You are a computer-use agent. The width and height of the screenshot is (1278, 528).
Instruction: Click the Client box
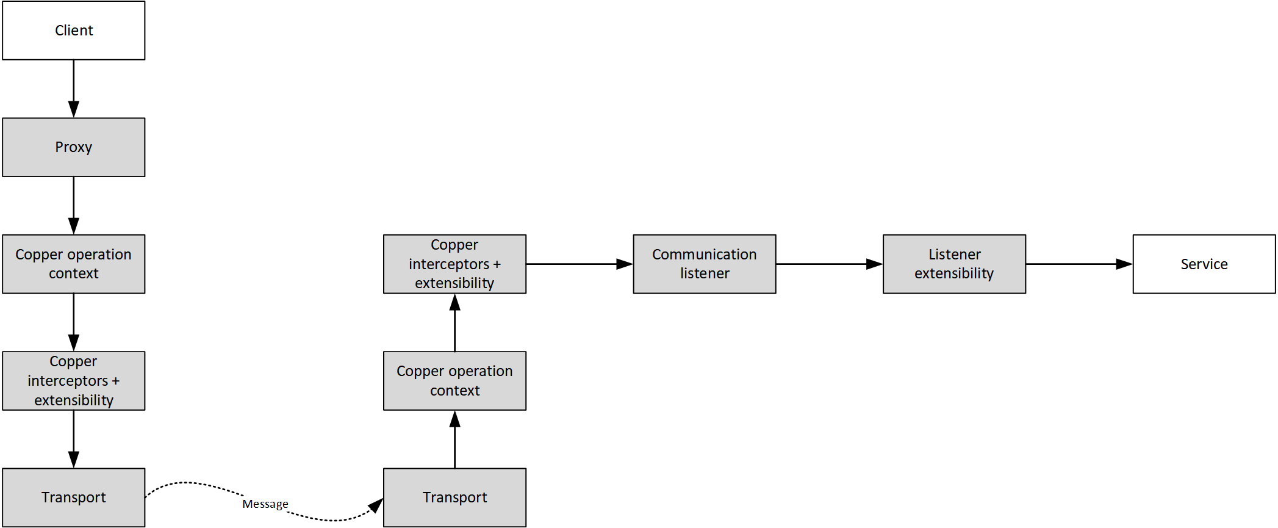coord(74,31)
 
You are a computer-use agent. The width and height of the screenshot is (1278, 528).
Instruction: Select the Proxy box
coord(74,147)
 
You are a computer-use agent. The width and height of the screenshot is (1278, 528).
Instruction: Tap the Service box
coord(1204,264)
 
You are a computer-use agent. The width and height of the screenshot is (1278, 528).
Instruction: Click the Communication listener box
coord(704,264)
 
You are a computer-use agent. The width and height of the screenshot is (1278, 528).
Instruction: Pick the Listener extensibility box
coord(954,264)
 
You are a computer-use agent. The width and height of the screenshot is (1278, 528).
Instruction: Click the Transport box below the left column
coord(74,497)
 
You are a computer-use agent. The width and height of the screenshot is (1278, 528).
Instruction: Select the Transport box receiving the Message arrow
coord(454,497)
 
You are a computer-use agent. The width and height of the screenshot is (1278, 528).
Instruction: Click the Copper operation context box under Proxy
coord(74,264)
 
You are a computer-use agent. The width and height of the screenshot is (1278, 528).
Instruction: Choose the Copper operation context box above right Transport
coord(454,381)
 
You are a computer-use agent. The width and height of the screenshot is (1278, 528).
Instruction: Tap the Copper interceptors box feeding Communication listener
coord(454,264)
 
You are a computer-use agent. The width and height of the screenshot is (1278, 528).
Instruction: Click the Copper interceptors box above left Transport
coord(74,381)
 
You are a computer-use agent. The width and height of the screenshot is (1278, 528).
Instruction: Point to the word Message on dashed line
coord(265,504)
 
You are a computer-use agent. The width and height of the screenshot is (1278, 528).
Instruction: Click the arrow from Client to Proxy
coord(74,89)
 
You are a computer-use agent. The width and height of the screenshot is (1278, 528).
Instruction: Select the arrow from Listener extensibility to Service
coord(1079,264)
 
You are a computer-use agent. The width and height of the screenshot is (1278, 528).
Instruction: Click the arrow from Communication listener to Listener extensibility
coord(829,264)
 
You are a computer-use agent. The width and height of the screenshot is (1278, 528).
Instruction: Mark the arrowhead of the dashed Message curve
coord(376,506)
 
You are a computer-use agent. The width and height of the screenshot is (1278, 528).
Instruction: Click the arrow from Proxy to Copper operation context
coord(74,205)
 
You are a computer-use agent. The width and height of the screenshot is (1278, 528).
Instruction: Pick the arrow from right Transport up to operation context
coord(454,439)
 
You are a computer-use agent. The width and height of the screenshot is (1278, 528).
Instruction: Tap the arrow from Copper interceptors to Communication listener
coord(579,264)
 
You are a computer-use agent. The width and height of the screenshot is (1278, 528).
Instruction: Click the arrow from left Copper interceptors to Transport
coord(74,439)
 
